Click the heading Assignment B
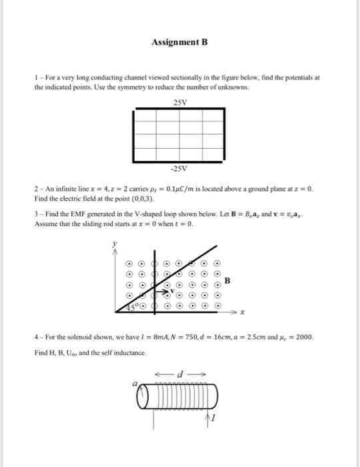[x=179, y=42]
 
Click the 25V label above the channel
[x=180, y=102]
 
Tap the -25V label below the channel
[x=180, y=167]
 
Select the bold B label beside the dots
[x=227, y=281]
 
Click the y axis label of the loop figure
[x=113, y=245]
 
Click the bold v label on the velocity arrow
[x=171, y=292]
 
